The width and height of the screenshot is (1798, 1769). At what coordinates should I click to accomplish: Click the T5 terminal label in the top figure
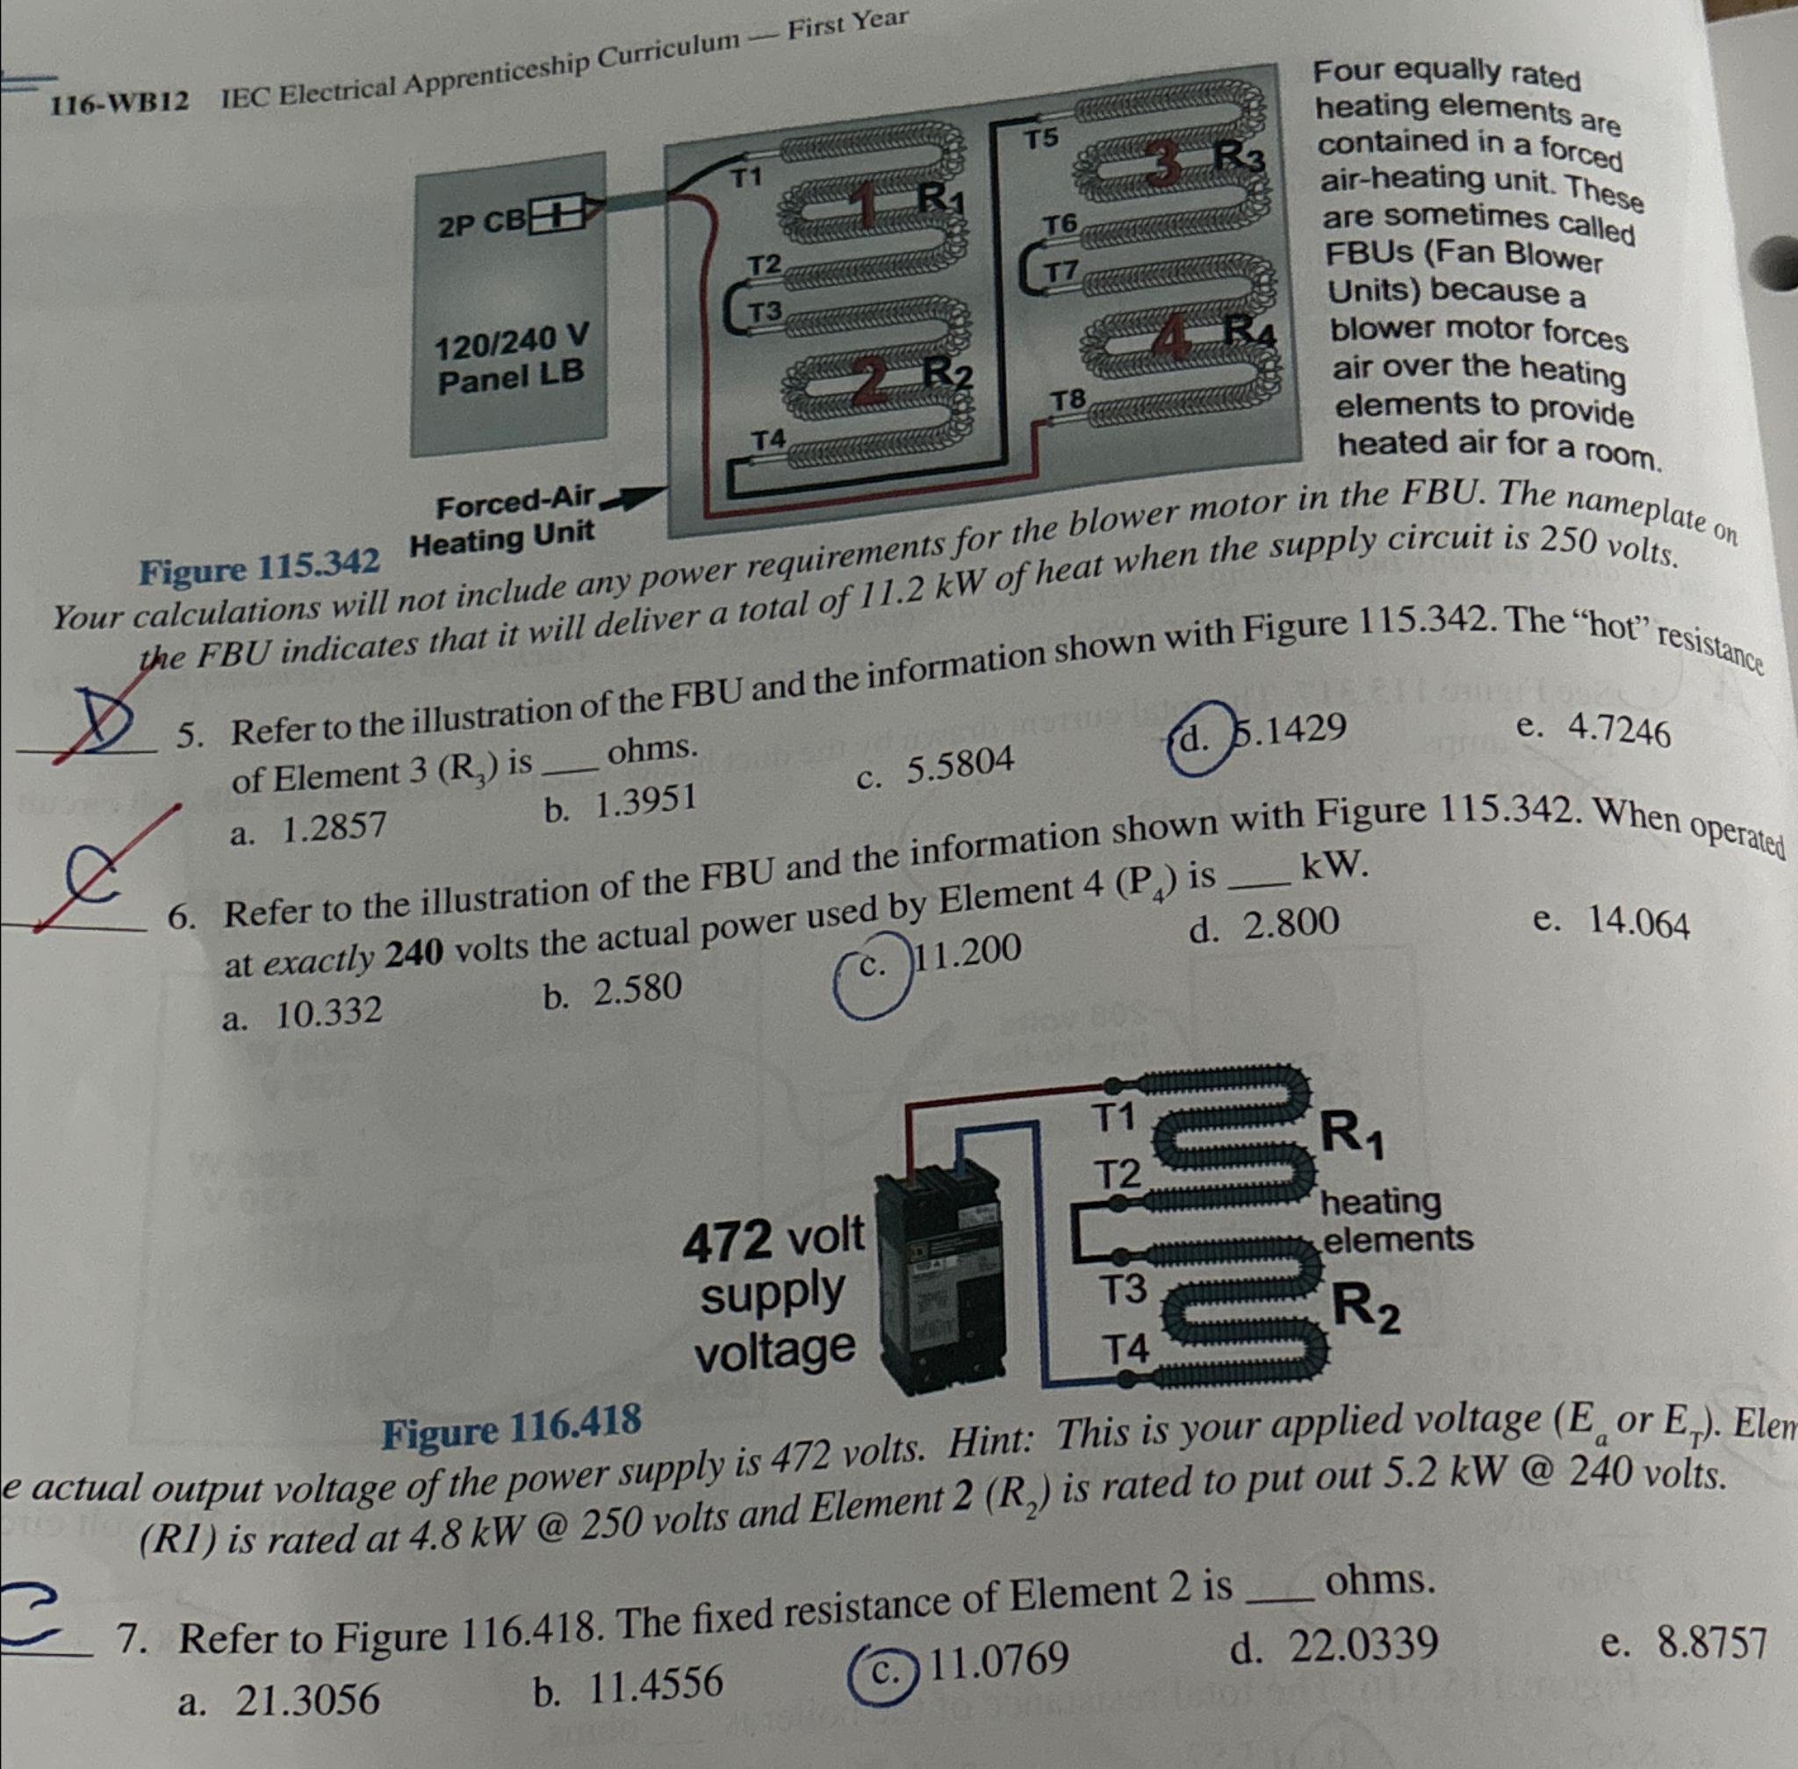pos(1040,140)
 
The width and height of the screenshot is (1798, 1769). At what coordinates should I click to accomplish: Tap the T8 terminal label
pos(1068,400)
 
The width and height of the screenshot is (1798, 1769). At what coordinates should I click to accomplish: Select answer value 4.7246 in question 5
pos(1619,731)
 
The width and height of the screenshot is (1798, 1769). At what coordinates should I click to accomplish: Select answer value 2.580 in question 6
pos(637,990)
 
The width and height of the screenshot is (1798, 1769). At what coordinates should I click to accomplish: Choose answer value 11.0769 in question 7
pos(998,1659)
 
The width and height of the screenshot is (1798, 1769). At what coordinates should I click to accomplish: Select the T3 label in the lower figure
pos(1125,1289)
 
